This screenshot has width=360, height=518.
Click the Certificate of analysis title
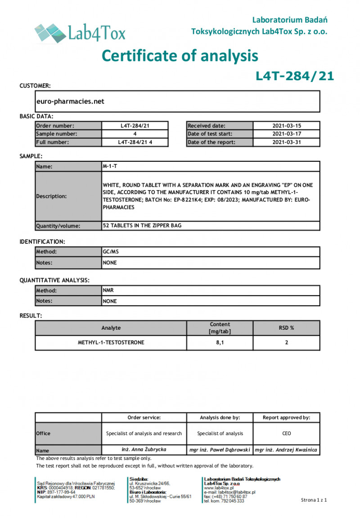tap(180, 55)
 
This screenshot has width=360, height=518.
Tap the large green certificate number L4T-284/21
tap(295, 76)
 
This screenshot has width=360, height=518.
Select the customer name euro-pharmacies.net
tap(70, 101)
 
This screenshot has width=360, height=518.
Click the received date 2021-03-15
tap(287, 126)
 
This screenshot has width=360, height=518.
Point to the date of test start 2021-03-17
tap(287, 134)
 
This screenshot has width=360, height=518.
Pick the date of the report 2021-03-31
tap(287, 142)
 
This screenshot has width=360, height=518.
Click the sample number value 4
tap(135, 134)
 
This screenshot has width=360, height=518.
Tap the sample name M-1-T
tap(110, 166)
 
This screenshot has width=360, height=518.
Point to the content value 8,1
tap(220, 343)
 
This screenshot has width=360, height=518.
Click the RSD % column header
tap(286, 328)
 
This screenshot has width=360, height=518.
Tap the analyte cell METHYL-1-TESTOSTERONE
tap(111, 343)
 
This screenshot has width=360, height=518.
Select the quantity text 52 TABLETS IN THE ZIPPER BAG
tap(142, 226)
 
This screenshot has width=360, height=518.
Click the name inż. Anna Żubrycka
tap(144, 450)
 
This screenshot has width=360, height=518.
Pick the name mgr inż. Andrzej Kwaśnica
tap(286, 450)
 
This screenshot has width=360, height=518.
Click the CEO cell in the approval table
tap(286, 433)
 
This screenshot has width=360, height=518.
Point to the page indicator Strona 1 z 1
tap(314, 500)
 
